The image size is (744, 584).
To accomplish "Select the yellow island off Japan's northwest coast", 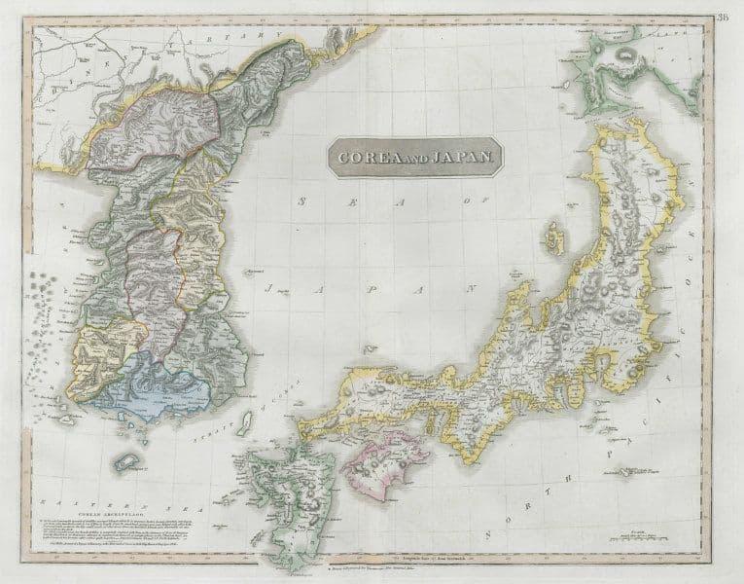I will coord(556,237).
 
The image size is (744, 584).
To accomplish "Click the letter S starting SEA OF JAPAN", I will coord(306,199).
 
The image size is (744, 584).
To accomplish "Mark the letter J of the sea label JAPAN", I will coord(273,289).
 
